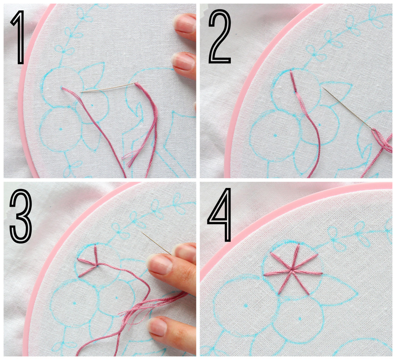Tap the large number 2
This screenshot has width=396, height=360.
220,37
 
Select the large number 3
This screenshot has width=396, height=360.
21,216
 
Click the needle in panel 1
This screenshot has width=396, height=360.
109,87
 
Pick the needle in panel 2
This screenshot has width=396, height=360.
348,109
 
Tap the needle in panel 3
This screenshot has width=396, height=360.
157,243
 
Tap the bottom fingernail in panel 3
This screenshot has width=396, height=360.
157,326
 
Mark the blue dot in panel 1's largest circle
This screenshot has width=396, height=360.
61,129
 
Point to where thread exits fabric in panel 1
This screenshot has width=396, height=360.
61,88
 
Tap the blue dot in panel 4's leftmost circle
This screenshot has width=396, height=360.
246,306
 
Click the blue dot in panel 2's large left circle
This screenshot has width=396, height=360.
275,136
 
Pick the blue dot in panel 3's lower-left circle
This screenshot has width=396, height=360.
75,302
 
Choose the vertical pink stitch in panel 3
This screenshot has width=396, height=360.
96,254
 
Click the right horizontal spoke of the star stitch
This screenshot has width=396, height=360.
307,272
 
